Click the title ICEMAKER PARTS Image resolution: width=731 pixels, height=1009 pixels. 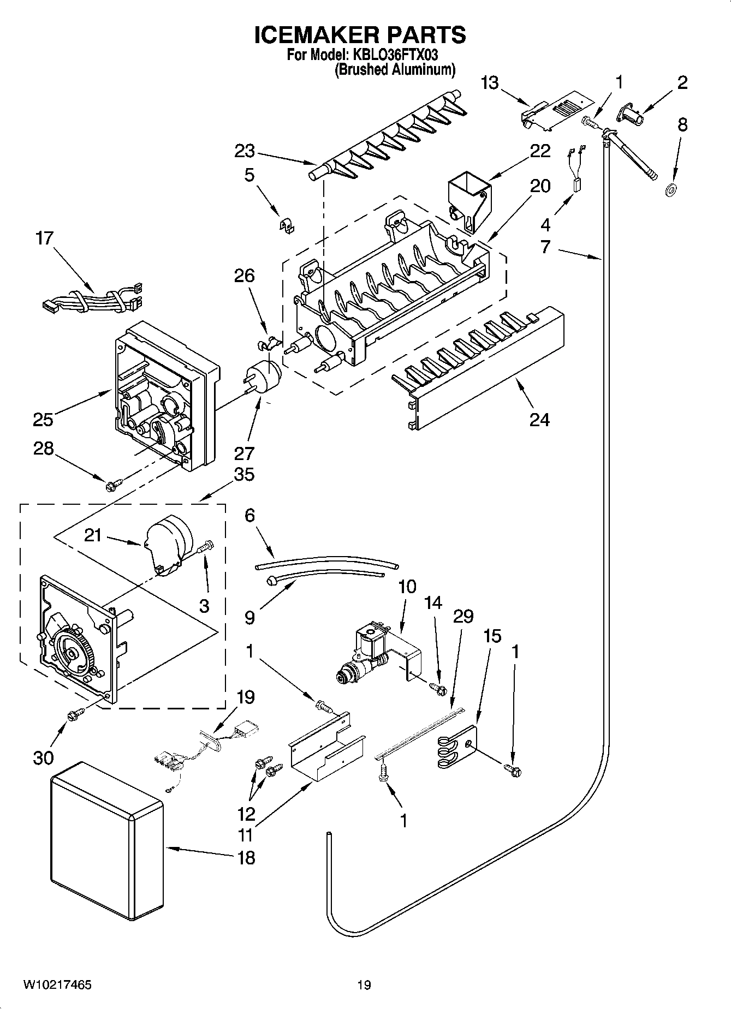point(360,34)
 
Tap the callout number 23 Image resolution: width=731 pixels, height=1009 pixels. point(245,150)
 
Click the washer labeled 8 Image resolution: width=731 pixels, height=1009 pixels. point(669,190)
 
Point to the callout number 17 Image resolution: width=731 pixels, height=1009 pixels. point(45,238)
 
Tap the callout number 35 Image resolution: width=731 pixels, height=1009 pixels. point(244,474)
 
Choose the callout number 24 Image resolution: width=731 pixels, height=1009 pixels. point(539,419)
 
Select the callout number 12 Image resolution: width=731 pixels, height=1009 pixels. point(247,814)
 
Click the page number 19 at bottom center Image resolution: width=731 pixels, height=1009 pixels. point(364,985)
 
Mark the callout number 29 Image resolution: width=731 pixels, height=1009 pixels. point(463,617)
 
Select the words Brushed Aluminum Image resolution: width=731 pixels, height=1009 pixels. point(394,69)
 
